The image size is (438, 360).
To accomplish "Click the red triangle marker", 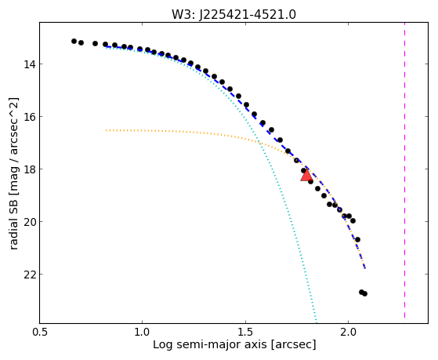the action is pyautogui.click(x=306, y=175).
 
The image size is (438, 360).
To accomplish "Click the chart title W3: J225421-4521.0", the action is pyautogui.click(x=233, y=15).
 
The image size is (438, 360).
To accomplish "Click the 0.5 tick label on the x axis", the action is pyautogui.click(x=40, y=332).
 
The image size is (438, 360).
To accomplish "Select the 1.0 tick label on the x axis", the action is pyautogui.click(x=143, y=332).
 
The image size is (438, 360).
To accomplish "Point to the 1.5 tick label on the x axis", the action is pyautogui.click(x=245, y=332).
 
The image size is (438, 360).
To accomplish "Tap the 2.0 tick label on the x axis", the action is pyautogui.click(x=348, y=332).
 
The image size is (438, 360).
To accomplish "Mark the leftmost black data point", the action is pyautogui.click(x=74, y=41).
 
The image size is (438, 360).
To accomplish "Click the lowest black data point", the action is pyautogui.click(x=364, y=293).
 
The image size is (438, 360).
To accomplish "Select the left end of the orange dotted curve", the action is pyautogui.click(x=107, y=130).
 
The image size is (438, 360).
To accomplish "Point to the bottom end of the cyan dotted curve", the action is pyautogui.click(x=317, y=323).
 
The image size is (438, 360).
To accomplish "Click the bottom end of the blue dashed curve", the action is pyautogui.click(x=365, y=268).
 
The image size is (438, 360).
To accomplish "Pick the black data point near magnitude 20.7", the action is pyautogui.click(x=357, y=240).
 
